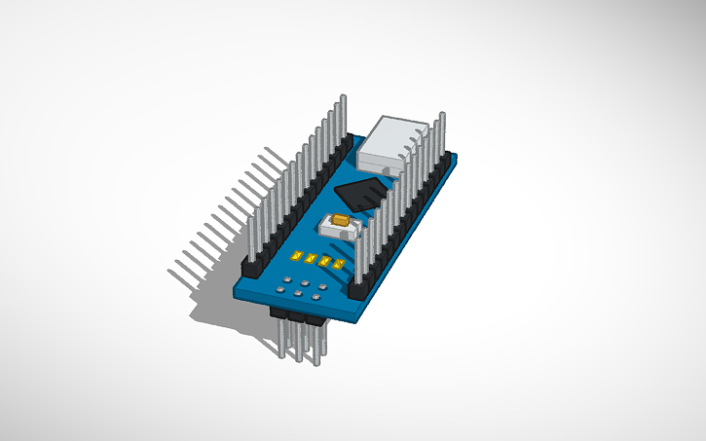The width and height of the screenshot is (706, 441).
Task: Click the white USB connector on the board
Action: click(393, 144)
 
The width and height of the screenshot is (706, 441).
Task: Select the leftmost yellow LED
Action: click(295, 255)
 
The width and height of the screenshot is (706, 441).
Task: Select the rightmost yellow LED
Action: click(338, 264)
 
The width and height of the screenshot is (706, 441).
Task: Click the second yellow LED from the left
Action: click(310, 258)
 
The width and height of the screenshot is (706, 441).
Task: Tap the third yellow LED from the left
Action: click(324, 261)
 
